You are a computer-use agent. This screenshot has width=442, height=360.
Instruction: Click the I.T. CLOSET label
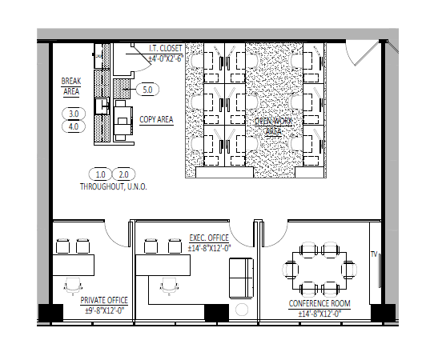click(165, 48)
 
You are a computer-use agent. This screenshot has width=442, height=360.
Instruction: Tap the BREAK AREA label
click(71, 86)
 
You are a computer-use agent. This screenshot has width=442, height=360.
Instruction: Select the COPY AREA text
click(156, 120)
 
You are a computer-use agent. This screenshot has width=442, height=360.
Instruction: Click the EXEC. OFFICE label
click(209, 238)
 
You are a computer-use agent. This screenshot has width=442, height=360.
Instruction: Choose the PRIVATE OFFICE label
click(104, 301)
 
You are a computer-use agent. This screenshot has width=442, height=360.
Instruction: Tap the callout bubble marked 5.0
click(147, 90)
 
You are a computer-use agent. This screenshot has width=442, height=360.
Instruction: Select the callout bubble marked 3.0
click(74, 114)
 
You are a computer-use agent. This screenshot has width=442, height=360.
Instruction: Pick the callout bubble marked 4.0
click(74, 126)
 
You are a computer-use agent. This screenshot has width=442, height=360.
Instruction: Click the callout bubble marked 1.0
click(101, 174)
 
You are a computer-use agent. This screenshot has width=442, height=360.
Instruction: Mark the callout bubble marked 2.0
click(124, 174)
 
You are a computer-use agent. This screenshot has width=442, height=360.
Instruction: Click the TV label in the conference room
click(373, 255)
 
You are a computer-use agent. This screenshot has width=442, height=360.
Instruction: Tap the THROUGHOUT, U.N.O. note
click(112, 186)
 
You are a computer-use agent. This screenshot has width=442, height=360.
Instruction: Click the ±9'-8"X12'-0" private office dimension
click(106, 310)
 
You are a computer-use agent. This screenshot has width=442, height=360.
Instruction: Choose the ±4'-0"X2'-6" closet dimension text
click(166, 58)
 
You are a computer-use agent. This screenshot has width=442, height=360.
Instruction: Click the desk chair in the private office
click(74, 284)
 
